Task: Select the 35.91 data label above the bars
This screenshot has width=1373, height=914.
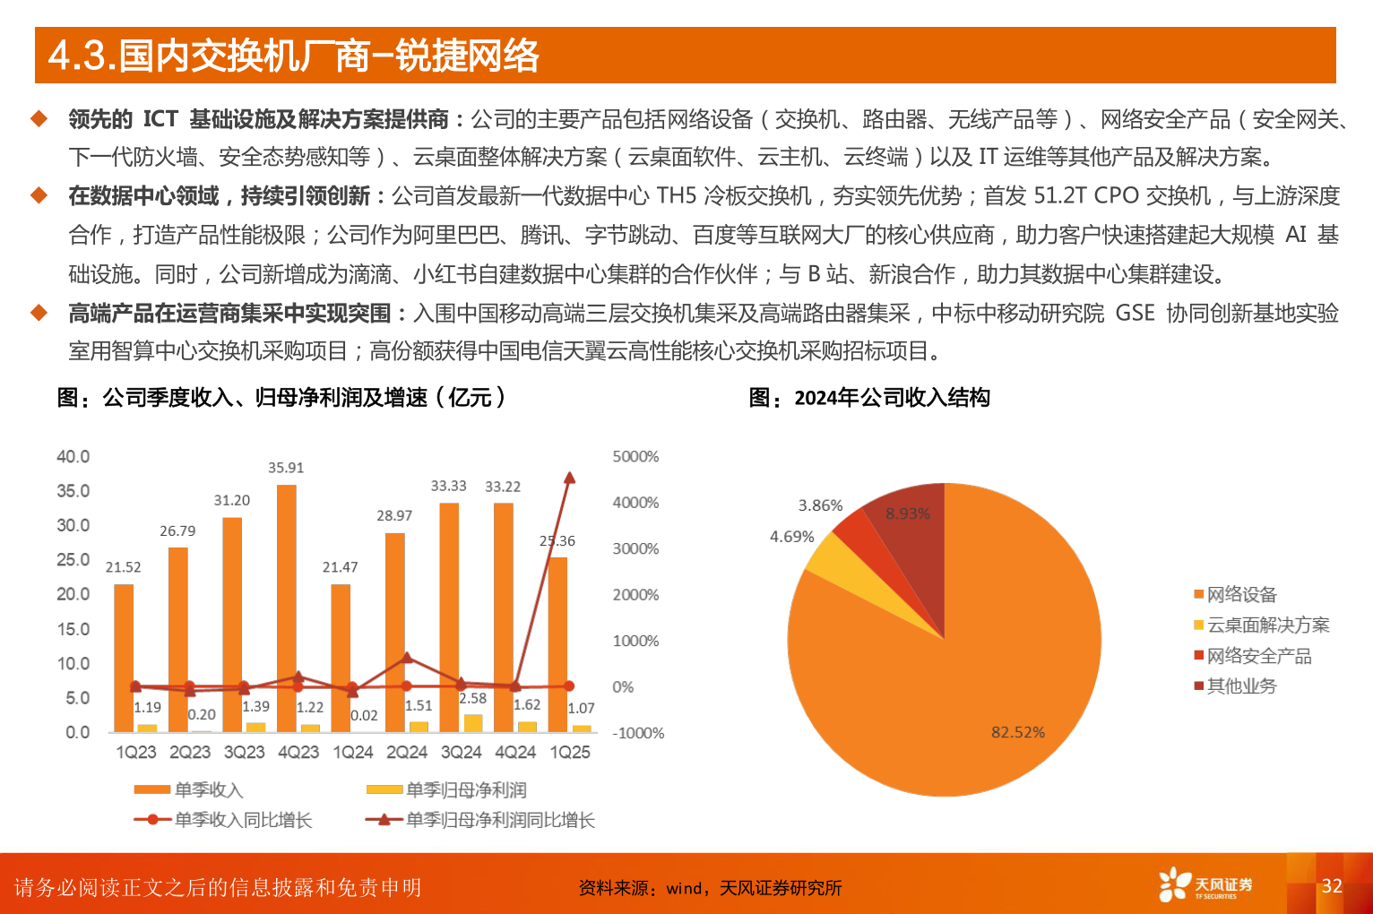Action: [286, 468]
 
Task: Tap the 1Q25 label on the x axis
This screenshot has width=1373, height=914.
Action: [570, 753]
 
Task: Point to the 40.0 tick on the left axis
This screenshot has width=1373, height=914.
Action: [73, 457]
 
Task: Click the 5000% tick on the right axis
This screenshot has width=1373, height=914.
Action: [635, 457]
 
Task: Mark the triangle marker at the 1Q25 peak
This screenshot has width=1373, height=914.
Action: [569, 479]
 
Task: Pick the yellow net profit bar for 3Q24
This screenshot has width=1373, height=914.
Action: [473, 723]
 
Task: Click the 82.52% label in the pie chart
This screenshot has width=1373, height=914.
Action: [1017, 732]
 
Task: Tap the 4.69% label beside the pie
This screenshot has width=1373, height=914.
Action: [792, 537]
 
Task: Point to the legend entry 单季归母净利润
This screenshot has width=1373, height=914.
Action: [465, 790]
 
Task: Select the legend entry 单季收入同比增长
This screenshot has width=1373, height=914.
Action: [242, 820]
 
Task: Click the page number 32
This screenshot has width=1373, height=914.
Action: [1332, 886]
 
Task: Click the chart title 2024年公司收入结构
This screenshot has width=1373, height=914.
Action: [892, 398]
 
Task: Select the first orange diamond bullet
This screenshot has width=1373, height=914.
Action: [39, 118]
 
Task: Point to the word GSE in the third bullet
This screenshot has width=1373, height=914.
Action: [1135, 313]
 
